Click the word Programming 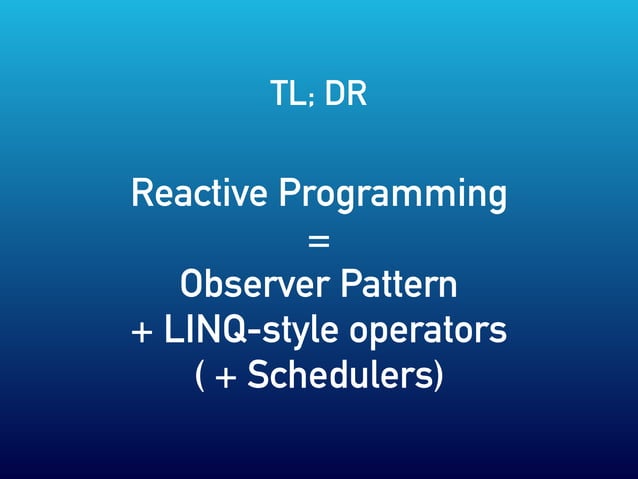coord(392,194)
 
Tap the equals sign coord(319,241)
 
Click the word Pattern coord(399,285)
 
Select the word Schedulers coord(339,376)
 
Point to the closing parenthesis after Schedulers coord(438,377)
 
